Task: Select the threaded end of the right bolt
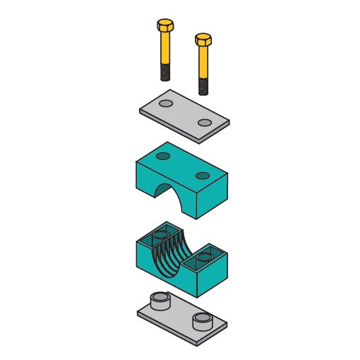click(x=203, y=86)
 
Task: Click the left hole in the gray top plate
click(x=166, y=103)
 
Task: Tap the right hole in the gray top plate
click(x=205, y=123)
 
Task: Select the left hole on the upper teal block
click(x=163, y=156)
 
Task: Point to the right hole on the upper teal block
click(x=203, y=175)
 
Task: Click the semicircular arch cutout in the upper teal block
click(x=177, y=194)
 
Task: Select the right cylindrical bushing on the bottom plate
click(x=202, y=321)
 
